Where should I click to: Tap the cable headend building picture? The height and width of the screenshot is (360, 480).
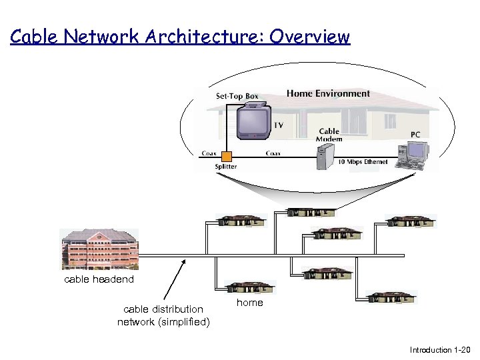point(100,249)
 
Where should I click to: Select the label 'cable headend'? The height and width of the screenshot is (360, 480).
point(99,279)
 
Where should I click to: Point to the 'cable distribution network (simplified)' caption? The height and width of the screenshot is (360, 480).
point(163,315)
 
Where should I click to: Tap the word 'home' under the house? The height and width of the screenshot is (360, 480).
point(250,303)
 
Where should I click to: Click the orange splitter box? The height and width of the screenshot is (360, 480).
point(227,157)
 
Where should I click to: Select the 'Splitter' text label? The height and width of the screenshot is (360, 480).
point(225,167)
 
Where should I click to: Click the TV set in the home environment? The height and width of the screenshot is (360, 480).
point(253,123)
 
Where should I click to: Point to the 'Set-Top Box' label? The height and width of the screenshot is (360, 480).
point(237,96)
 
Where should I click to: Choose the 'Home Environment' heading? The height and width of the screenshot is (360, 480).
point(328,93)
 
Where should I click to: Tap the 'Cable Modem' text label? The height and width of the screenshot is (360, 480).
point(329,135)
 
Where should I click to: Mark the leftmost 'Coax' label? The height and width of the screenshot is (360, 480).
point(209,153)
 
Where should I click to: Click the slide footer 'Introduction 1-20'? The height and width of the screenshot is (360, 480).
point(440,350)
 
